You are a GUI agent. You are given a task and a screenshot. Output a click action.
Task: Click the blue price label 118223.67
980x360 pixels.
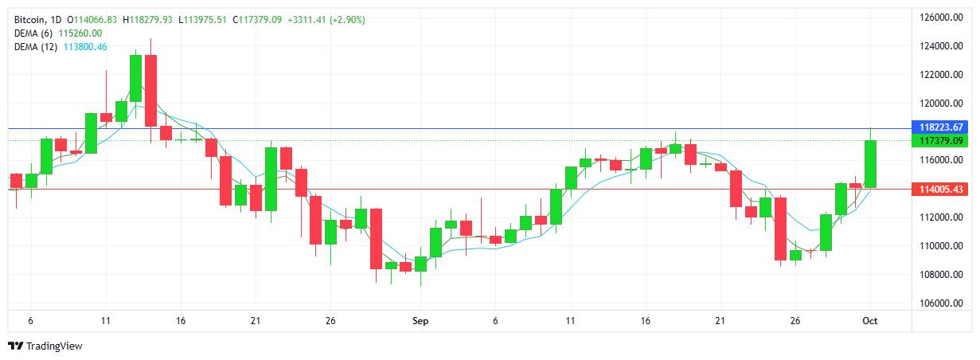942,127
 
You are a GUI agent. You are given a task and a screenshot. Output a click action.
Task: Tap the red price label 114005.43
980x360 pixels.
942,190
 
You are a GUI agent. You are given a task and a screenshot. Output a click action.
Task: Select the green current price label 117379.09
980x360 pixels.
942,141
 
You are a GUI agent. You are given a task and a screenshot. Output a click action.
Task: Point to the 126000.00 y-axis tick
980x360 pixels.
942,18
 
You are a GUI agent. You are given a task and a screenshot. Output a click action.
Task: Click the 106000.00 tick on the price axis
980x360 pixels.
942,303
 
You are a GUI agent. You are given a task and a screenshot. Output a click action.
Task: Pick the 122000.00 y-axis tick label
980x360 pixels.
942,75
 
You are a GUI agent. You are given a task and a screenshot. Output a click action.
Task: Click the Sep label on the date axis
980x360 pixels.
420,321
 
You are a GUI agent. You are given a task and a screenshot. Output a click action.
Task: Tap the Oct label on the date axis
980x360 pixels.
869,321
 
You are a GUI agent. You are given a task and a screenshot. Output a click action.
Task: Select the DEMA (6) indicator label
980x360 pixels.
35,33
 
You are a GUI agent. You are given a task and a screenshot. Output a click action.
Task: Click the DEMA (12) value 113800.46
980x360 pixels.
85,47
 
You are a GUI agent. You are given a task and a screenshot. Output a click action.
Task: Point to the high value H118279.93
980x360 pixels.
151,19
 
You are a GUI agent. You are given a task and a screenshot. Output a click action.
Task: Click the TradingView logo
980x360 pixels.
45,346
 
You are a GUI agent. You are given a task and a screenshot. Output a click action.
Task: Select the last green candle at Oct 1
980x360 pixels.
870,164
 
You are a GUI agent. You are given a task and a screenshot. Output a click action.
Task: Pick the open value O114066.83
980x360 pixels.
92,19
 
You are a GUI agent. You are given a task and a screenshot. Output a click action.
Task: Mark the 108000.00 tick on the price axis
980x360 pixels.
942,275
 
